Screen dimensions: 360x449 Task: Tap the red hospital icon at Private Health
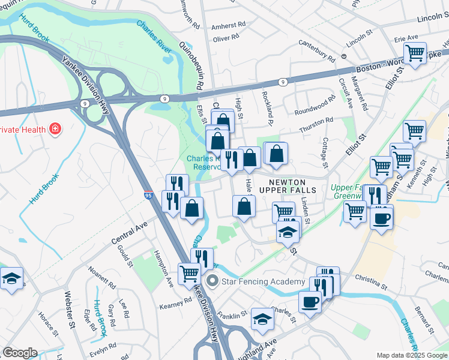tap(55, 128)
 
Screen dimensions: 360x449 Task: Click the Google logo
tap(20, 353)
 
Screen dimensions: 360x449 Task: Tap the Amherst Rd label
tap(230, 25)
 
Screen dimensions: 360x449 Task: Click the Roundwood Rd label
tap(315, 106)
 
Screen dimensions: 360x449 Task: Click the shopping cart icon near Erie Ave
tap(415, 53)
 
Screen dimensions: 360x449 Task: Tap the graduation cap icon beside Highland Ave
tap(262, 319)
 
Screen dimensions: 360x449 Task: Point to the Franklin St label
tap(232, 314)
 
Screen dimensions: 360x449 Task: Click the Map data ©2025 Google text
tap(411, 355)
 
